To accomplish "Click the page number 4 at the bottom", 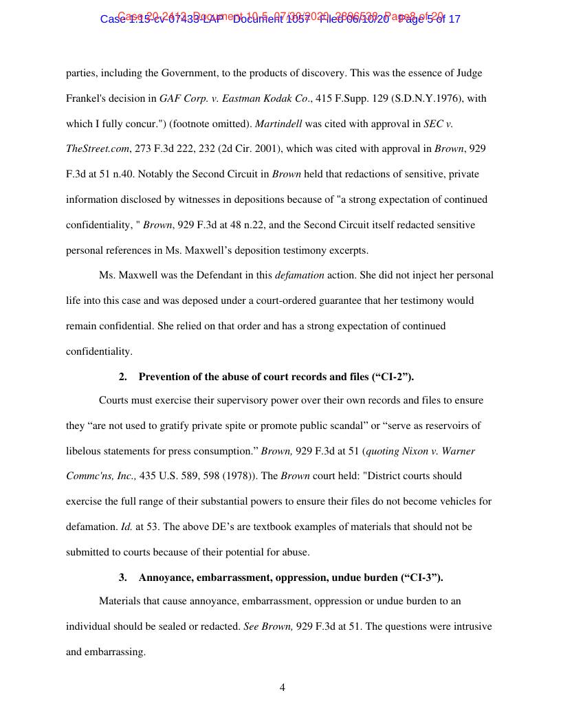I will pyautogui.click(x=282, y=687).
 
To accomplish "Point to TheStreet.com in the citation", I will pyautogui.click(x=96, y=148).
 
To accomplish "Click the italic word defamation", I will pyautogui.click(x=299, y=275).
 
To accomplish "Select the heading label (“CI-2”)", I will pyautogui.click(x=393, y=377).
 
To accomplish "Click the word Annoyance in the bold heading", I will pyautogui.click(x=167, y=577).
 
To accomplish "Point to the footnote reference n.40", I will pyautogui.click(x=113, y=174).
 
